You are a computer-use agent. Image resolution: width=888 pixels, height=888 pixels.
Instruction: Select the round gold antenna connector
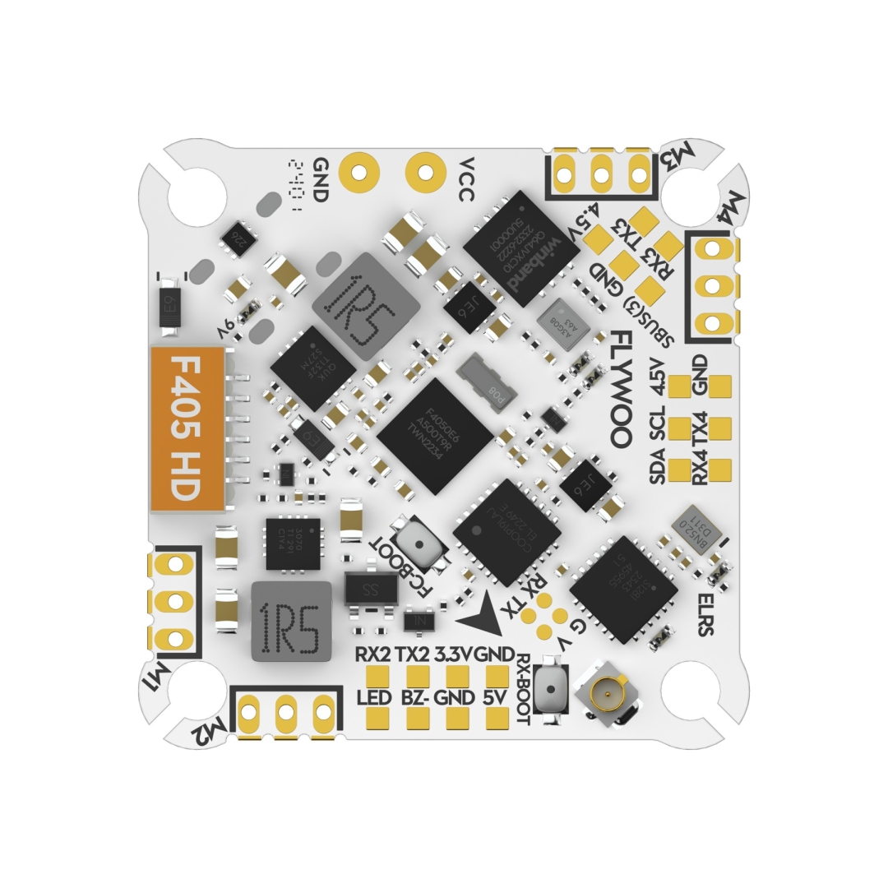(x=607, y=697)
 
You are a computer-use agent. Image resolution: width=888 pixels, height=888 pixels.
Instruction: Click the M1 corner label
(x=160, y=678)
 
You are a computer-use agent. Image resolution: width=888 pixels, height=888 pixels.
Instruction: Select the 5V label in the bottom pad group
(x=496, y=698)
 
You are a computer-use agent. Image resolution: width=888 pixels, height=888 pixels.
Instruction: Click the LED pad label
(x=375, y=698)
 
